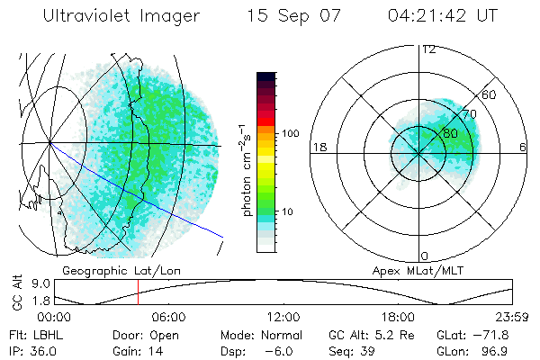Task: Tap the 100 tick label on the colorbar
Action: pyautogui.click(x=290, y=133)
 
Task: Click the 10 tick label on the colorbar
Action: pyautogui.click(x=288, y=211)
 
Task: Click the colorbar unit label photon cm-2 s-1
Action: pyautogui.click(x=247, y=171)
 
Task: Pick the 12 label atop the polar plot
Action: pyautogui.click(x=428, y=49)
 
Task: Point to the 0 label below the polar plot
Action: pyautogui.click(x=425, y=256)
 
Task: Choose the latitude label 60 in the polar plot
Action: pyautogui.click(x=489, y=94)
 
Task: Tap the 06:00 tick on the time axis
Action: pyautogui.click(x=168, y=317)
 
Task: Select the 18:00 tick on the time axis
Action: pyautogui.click(x=398, y=317)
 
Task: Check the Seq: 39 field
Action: pyautogui.click(x=354, y=350)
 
